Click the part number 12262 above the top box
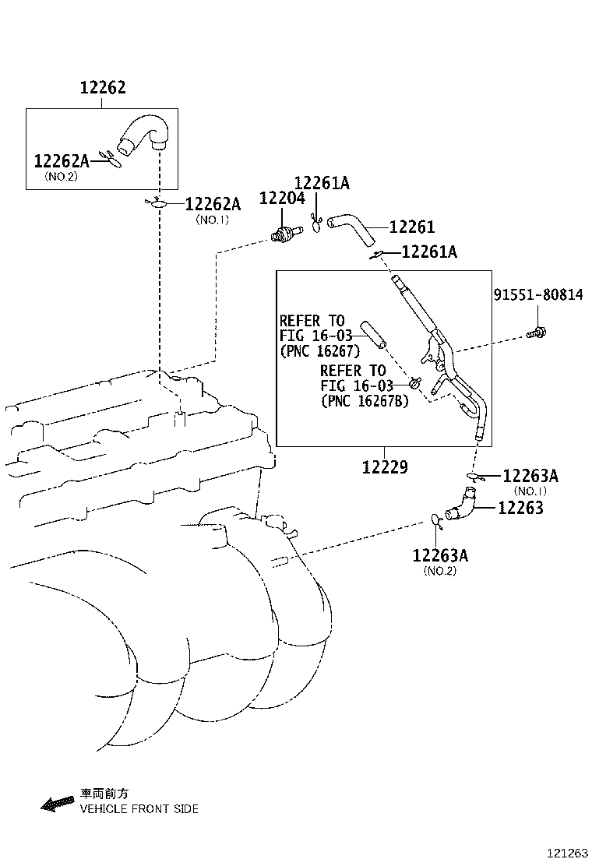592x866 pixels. pyautogui.click(x=103, y=87)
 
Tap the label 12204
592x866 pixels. pyautogui.click(x=282, y=199)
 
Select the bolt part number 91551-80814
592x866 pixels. pyautogui.click(x=538, y=295)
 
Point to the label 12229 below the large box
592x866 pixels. pyautogui.click(x=385, y=467)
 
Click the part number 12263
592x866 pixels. pyautogui.click(x=521, y=508)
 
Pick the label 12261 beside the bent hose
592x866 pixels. pyautogui.click(x=412, y=227)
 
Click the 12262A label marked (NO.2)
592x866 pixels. pyautogui.click(x=62, y=160)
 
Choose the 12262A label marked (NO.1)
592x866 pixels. pyautogui.click(x=213, y=204)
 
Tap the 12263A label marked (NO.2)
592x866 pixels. pyautogui.click(x=440, y=555)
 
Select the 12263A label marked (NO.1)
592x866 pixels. pyautogui.click(x=530, y=476)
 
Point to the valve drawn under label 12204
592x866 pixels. pyautogui.click(x=286, y=233)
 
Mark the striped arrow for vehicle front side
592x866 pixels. pyautogui.click(x=58, y=804)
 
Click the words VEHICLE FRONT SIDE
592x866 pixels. pyautogui.click(x=139, y=809)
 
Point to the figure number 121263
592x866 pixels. pyautogui.click(x=568, y=854)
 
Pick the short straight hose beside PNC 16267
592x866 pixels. pyautogui.click(x=373, y=335)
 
